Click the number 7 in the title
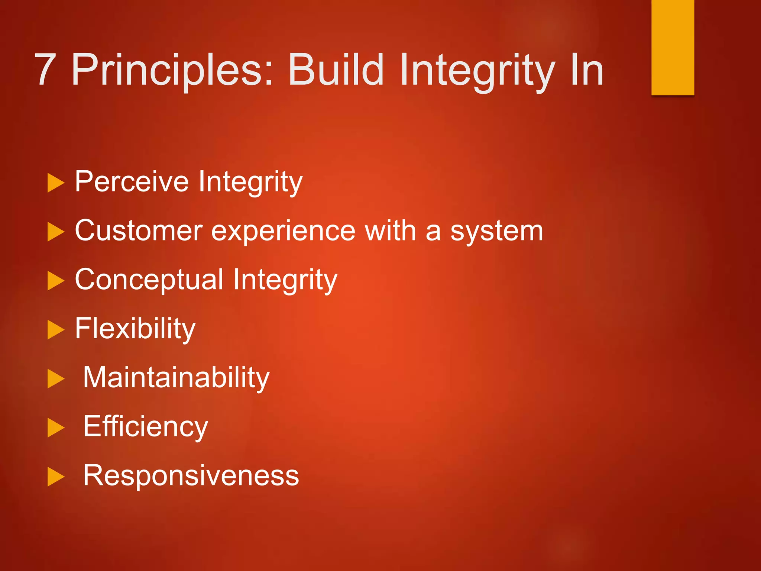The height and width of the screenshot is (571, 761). click(45, 70)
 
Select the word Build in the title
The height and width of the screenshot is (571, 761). click(336, 70)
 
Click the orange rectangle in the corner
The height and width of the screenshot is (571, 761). click(673, 47)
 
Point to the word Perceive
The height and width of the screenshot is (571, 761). click(132, 181)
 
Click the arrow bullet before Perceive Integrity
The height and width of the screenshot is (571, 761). click(56, 183)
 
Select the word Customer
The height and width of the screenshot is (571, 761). click(139, 230)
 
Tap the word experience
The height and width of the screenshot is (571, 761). click(284, 231)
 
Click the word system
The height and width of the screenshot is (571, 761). click(497, 231)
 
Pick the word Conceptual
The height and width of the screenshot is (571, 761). click(149, 280)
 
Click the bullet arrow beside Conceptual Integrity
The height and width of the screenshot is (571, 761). click(56, 281)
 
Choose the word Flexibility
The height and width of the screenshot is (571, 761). click(135, 329)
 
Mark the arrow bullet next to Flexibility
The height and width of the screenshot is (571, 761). click(56, 330)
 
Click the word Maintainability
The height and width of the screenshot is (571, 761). click(176, 378)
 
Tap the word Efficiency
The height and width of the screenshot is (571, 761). click(145, 427)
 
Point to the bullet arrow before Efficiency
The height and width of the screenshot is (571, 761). click(56, 428)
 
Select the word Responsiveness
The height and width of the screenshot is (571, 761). click(191, 475)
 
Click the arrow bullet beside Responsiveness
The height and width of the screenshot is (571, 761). click(56, 477)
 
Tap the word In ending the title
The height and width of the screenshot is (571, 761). click(587, 70)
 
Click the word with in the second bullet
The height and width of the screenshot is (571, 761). click(390, 230)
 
